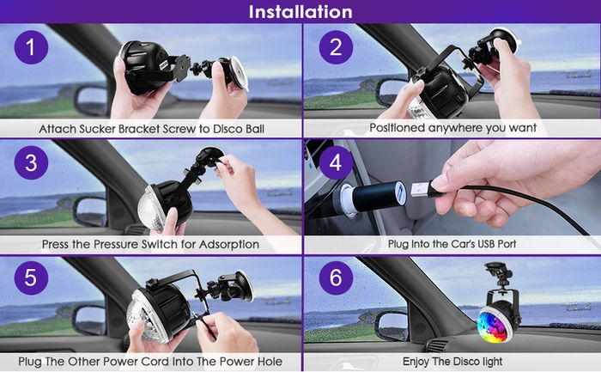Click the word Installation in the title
(300, 11)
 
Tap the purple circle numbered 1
(31, 47)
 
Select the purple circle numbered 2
(336, 47)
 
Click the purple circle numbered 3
(31, 162)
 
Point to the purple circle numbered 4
(336, 162)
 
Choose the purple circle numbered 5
(31, 277)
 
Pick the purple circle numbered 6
(336, 277)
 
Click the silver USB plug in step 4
(421, 189)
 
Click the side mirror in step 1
(90, 101)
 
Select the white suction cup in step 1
(238, 73)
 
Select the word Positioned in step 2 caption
(398, 128)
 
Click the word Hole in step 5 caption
(270, 362)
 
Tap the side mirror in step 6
(392, 326)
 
